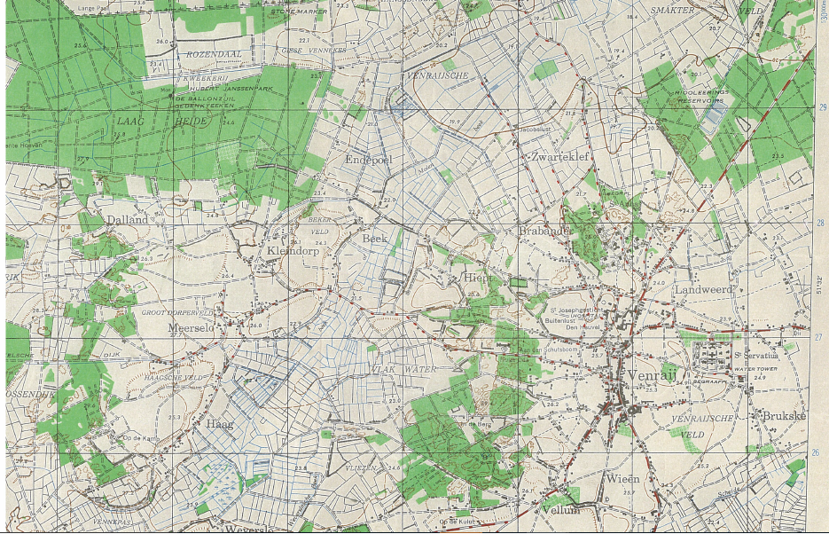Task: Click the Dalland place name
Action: pyautogui.click(x=126, y=218)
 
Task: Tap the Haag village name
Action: pyautogui.click(x=219, y=424)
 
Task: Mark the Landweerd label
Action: pyautogui.click(x=704, y=290)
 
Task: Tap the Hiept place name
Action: pyautogui.click(x=478, y=278)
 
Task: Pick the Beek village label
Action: pyautogui.click(x=375, y=239)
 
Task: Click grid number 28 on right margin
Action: pyautogui.click(x=820, y=224)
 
